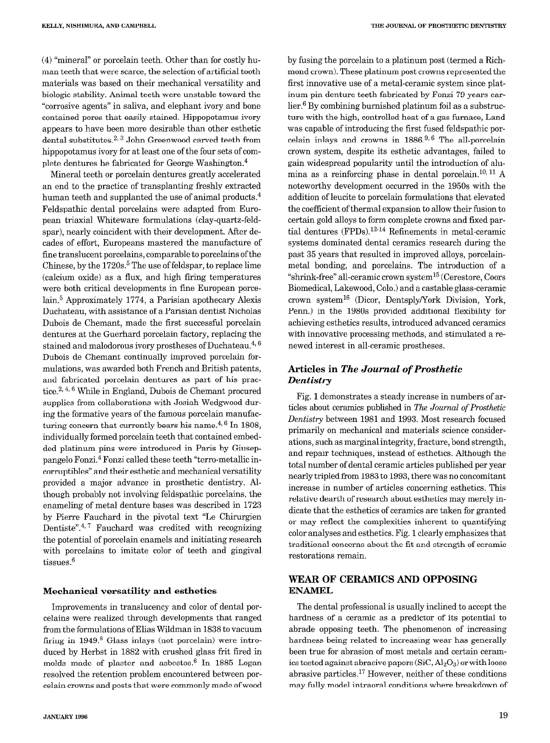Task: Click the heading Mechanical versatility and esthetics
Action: point(130,591)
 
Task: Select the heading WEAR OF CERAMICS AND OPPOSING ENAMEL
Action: point(383,585)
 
